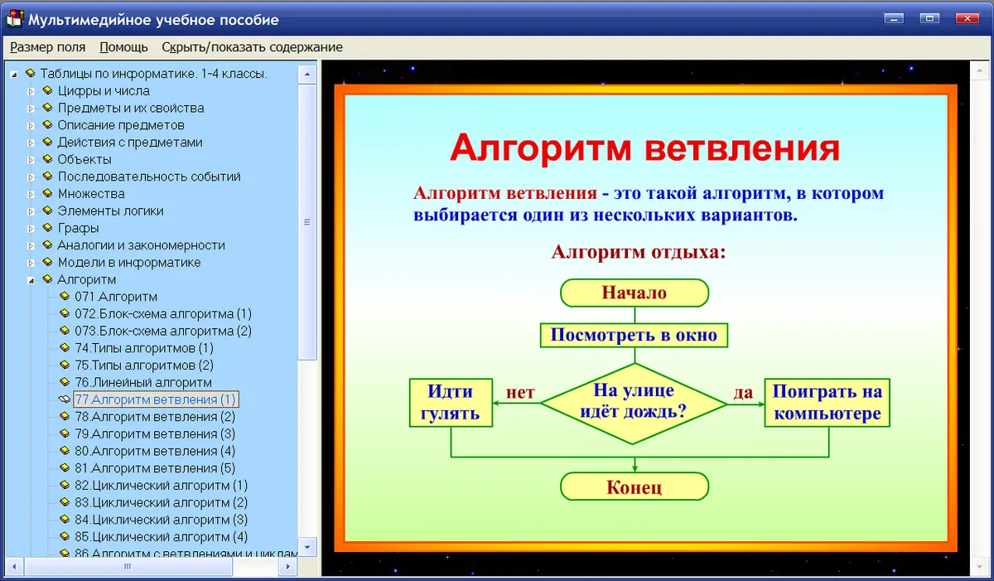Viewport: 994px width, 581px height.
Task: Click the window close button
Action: click(x=967, y=18)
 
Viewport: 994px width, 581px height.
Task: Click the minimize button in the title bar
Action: click(x=894, y=18)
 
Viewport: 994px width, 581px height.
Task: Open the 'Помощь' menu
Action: click(x=123, y=47)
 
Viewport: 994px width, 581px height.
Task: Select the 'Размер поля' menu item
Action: click(x=47, y=47)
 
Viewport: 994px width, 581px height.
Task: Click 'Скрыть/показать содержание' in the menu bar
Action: click(x=252, y=47)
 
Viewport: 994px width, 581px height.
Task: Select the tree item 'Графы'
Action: click(x=78, y=228)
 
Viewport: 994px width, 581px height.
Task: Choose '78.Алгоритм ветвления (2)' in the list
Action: click(x=155, y=417)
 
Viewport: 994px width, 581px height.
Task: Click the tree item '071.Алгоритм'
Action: click(x=116, y=297)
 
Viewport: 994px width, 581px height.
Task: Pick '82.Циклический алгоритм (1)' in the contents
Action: click(x=161, y=486)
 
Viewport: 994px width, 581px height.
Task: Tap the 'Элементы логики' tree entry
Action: click(x=110, y=211)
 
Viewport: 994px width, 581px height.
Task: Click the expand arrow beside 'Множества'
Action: click(x=31, y=194)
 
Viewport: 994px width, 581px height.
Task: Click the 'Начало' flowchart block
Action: click(x=635, y=293)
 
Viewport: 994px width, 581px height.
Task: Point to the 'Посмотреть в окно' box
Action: click(x=634, y=335)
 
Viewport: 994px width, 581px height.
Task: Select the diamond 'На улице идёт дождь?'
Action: click(x=634, y=404)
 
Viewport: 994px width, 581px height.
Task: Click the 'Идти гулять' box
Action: click(x=451, y=403)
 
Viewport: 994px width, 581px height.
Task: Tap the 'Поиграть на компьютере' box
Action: click(x=828, y=403)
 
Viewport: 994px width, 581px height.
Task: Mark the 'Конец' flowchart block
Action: click(x=635, y=487)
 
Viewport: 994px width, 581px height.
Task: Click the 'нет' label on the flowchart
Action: click(x=520, y=392)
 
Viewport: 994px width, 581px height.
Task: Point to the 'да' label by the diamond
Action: click(x=743, y=392)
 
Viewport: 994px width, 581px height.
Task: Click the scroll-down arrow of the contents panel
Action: click(x=307, y=547)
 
